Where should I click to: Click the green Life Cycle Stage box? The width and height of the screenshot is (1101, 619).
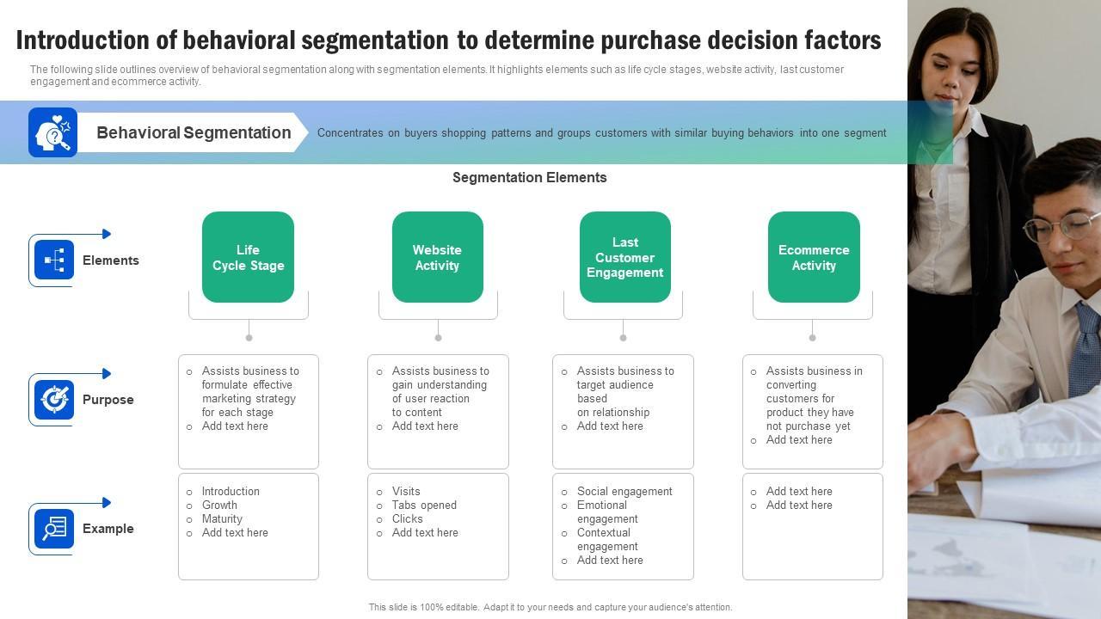pos(248,257)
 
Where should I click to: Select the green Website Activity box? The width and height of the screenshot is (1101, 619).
pos(437,257)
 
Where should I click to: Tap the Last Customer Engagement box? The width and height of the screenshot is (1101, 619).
pos(624,257)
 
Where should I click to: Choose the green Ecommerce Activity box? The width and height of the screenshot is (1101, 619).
pos(814,257)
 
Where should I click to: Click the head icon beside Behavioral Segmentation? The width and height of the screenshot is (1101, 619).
pos(52,132)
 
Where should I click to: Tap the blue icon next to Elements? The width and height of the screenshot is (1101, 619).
pos(54,260)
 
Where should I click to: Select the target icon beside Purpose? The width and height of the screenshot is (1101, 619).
pos(54,400)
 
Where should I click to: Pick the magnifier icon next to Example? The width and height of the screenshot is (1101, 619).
pos(54,529)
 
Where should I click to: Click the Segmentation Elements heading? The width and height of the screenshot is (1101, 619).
pos(530,178)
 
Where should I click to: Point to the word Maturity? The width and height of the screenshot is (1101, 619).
pos(222,519)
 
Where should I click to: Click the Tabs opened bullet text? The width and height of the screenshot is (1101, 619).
pos(424,506)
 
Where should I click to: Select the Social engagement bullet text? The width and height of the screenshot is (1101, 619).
pos(624,492)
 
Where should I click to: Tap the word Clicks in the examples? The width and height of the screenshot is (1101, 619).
pos(407,519)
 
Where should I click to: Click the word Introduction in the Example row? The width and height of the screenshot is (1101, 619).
pos(231,492)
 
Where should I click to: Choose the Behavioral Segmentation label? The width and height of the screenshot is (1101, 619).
pos(194,132)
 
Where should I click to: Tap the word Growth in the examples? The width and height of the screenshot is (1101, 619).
pos(219,506)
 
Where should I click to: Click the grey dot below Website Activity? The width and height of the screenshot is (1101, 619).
pos(438,337)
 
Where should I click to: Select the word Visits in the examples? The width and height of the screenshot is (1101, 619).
pos(406,492)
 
